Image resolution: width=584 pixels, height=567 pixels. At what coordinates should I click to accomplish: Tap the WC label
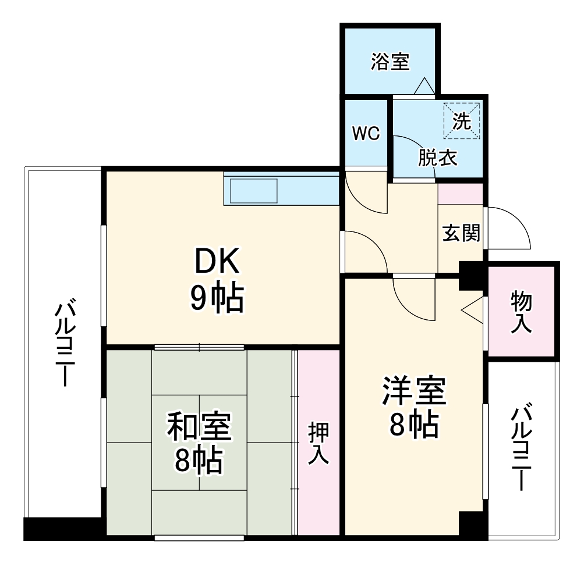click(x=365, y=133)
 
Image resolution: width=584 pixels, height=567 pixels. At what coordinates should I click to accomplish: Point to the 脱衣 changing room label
click(x=437, y=158)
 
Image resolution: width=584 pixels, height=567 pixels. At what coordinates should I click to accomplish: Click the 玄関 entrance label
click(x=461, y=233)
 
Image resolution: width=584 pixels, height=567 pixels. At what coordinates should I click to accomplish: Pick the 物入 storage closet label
click(x=521, y=312)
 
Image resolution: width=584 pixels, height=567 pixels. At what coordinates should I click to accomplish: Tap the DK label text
click(x=216, y=262)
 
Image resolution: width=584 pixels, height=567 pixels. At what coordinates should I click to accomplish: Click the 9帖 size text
click(x=216, y=298)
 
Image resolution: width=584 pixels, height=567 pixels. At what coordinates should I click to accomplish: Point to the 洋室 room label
click(x=414, y=391)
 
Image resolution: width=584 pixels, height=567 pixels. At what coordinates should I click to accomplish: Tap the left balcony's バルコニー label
click(x=64, y=343)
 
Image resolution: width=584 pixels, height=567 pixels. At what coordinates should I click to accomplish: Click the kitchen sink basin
click(x=254, y=190)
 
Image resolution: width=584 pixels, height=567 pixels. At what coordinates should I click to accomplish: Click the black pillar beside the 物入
click(x=472, y=275)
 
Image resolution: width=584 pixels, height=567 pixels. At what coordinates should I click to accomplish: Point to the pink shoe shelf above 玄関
click(x=460, y=194)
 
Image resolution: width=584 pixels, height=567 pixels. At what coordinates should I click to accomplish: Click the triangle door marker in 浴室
click(x=423, y=87)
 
